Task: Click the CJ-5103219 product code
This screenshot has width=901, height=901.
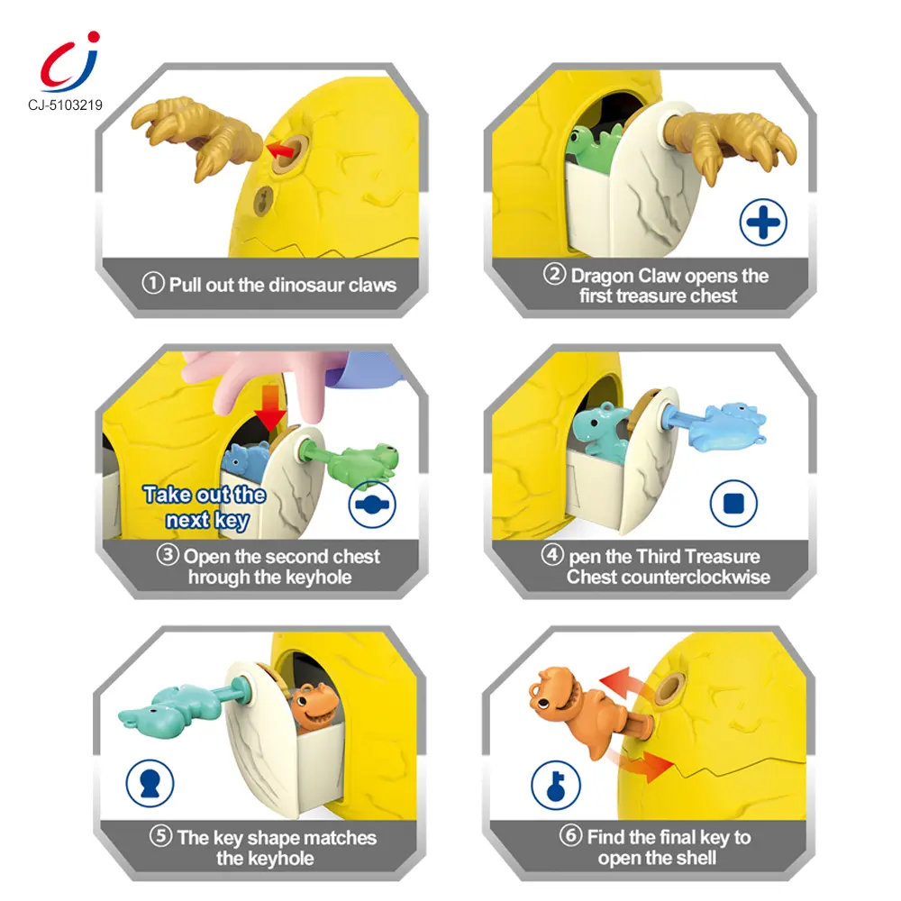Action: point(65,105)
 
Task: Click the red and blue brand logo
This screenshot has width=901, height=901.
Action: point(70,61)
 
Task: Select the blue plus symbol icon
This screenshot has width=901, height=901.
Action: point(763,223)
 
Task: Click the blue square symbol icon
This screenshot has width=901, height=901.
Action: point(733,504)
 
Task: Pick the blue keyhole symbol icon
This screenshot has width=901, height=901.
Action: point(150,784)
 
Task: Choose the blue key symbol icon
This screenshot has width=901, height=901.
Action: point(556,785)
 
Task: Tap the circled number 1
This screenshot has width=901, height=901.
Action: point(153,283)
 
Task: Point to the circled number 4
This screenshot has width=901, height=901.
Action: point(552,554)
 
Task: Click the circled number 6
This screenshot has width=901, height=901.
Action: point(570,835)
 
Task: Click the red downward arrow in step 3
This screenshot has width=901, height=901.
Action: point(270,407)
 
